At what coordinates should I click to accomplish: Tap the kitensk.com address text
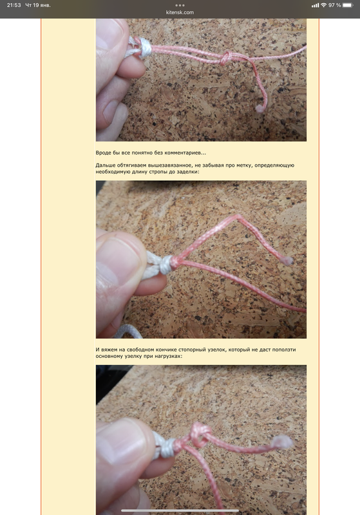pos(180,12)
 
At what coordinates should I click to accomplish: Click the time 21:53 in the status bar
pos(14,5)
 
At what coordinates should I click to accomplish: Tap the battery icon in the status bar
pos(348,5)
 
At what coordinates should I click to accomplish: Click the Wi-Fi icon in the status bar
pos(323,5)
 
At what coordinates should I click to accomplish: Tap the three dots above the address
pos(180,5)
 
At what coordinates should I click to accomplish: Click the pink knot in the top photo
pos(225,58)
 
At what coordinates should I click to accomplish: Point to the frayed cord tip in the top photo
pos(260,108)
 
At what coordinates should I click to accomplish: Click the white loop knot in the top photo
pos(143,48)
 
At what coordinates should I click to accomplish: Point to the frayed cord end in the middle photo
pos(287,261)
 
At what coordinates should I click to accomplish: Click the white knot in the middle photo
pos(165,265)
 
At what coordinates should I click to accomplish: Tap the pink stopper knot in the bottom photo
pos(200,435)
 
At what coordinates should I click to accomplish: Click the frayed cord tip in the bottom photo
pos(282,442)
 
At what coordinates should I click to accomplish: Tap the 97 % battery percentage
pos(334,5)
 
